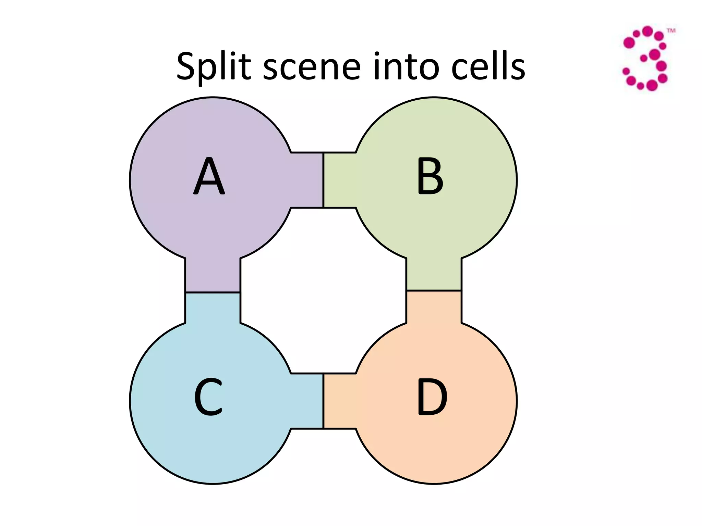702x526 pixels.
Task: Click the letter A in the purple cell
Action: click(x=209, y=176)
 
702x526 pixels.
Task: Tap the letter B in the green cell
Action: click(x=430, y=176)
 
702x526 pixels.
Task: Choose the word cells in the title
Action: click(x=488, y=67)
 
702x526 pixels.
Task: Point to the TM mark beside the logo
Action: click(x=671, y=31)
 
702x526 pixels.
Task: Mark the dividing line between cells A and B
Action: click(x=323, y=180)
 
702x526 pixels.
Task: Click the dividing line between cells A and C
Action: click(x=213, y=292)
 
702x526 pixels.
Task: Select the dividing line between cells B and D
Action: click(x=434, y=291)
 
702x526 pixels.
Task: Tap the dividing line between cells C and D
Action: click(x=323, y=401)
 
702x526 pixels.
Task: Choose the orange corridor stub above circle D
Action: click(x=434, y=307)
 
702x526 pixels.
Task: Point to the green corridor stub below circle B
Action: click(x=434, y=274)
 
